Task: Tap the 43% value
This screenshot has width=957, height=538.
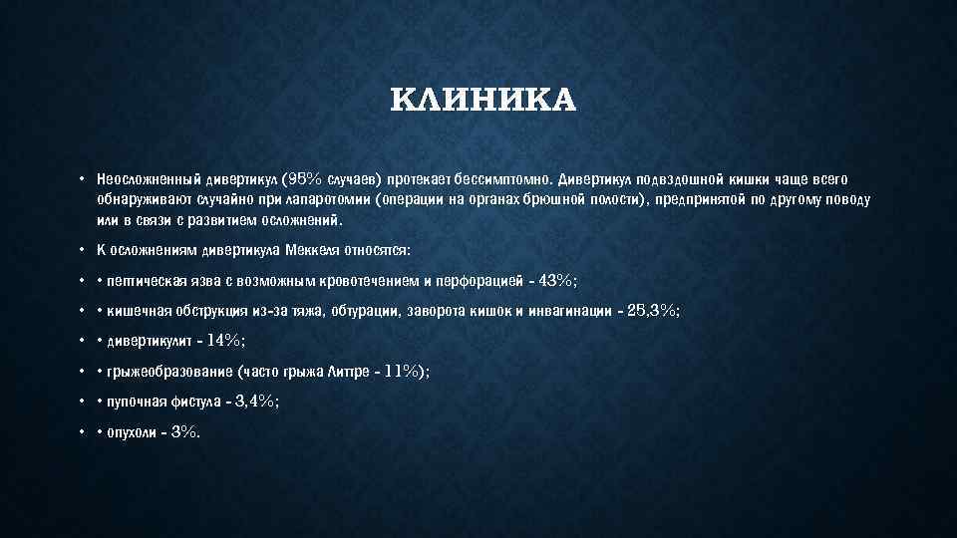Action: pos(555,280)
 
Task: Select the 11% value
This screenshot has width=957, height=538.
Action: pos(403,371)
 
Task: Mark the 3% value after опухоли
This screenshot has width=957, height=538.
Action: pos(185,430)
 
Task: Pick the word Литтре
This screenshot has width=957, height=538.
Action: pos(354,372)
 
